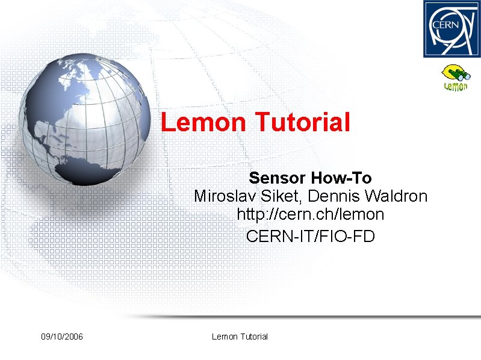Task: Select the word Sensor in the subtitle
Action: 278,178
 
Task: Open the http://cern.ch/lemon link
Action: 310,214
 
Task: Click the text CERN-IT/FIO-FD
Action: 310,237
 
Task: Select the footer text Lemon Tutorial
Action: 240,337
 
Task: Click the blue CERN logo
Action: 452,29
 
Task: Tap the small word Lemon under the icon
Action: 456,87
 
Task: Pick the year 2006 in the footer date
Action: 73,337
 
